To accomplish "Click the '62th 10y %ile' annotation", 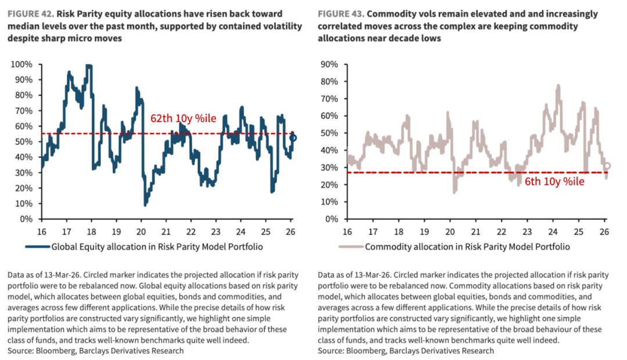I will click(183, 118).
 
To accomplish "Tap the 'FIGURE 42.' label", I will click(31, 14).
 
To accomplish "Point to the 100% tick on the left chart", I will click(21, 64).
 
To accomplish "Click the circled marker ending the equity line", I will click(293, 138).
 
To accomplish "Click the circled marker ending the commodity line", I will click(607, 165).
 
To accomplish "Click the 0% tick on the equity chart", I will click(26, 219).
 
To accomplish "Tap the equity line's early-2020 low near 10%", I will click(145, 204).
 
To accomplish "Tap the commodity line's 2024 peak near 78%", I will click(558, 85).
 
